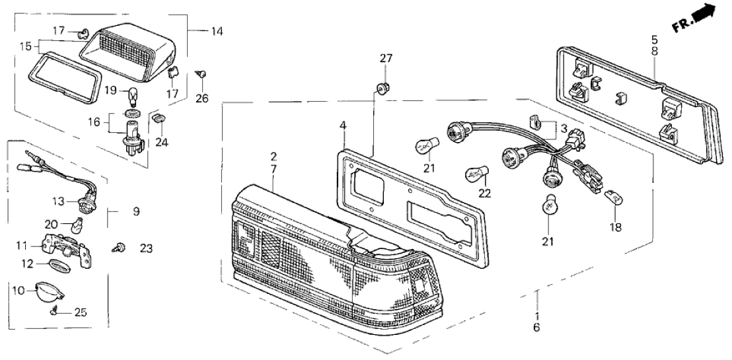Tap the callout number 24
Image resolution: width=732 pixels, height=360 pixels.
click(161, 142)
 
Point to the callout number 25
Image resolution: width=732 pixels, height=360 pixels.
click(80, 312)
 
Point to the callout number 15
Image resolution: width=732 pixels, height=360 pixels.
click(25, 46)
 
